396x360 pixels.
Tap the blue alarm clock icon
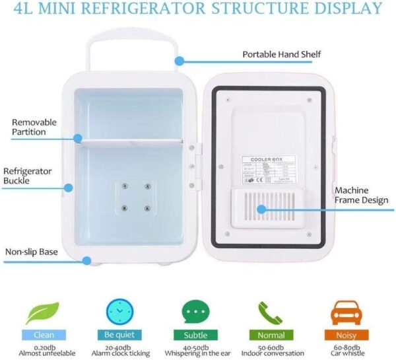[119, 309]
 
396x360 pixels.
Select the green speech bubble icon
[195, 309]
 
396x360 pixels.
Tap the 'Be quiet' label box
[119, 335]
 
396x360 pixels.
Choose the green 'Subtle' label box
[195, 335]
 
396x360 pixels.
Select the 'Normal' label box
[271, 335]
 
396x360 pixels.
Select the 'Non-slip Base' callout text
[31, 252]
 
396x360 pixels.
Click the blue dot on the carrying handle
[178, 61]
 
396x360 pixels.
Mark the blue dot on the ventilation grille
[261, 209]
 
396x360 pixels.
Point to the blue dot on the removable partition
[78, 139]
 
